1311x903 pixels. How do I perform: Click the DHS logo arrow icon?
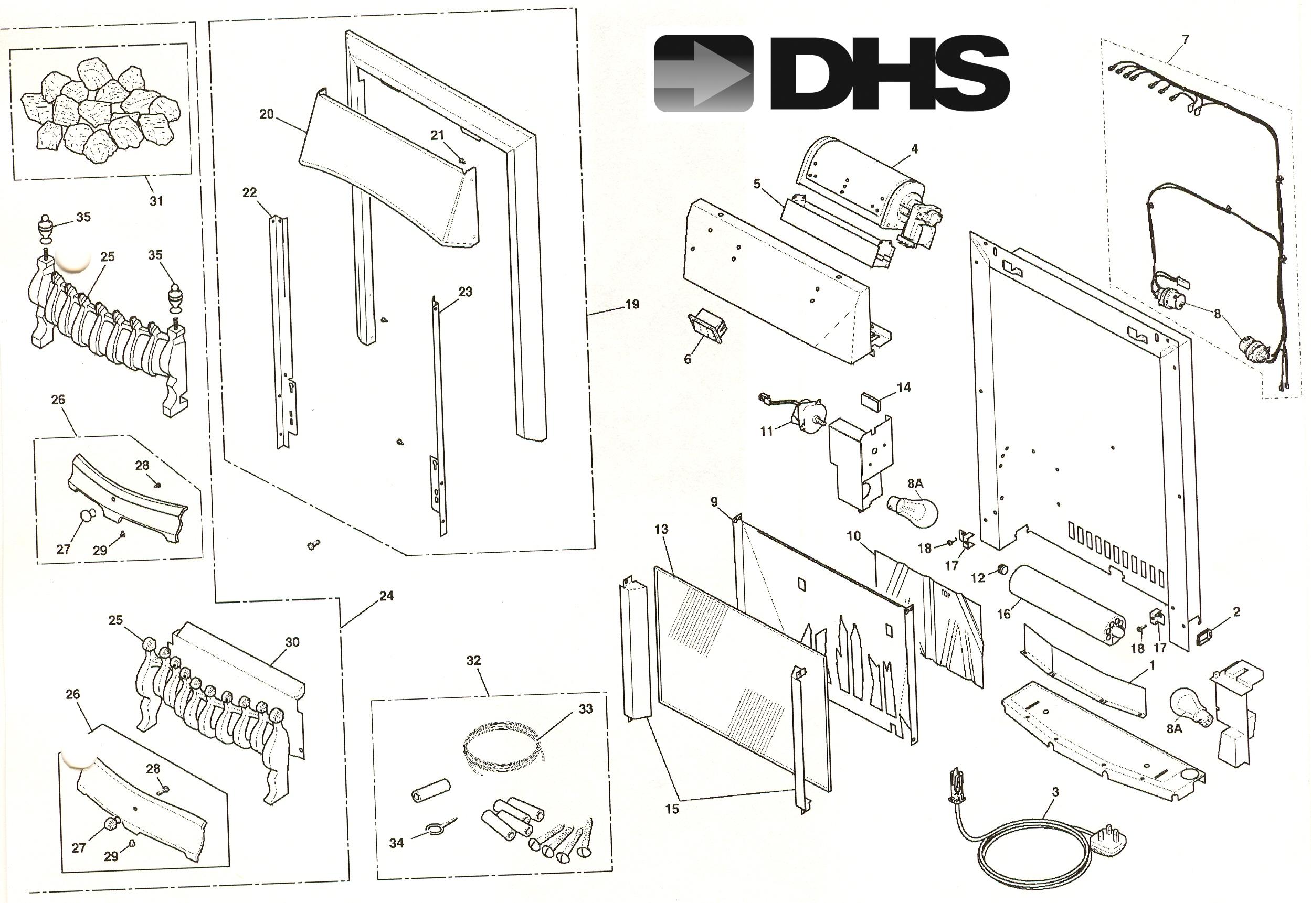click(x=703, y=73)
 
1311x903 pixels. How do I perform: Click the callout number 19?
click(x=632, y=304)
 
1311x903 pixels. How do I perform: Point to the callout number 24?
click(x=386, y=595)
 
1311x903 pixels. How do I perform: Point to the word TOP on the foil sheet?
click(x=945, y=595)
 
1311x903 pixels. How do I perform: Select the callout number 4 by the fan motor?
click(x=914, y=149)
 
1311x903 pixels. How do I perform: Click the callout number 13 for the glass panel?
click(x=661, y=529)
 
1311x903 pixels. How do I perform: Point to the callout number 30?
click(x=292, y=642)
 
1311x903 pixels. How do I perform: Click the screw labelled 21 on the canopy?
click(x=462, y=162)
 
